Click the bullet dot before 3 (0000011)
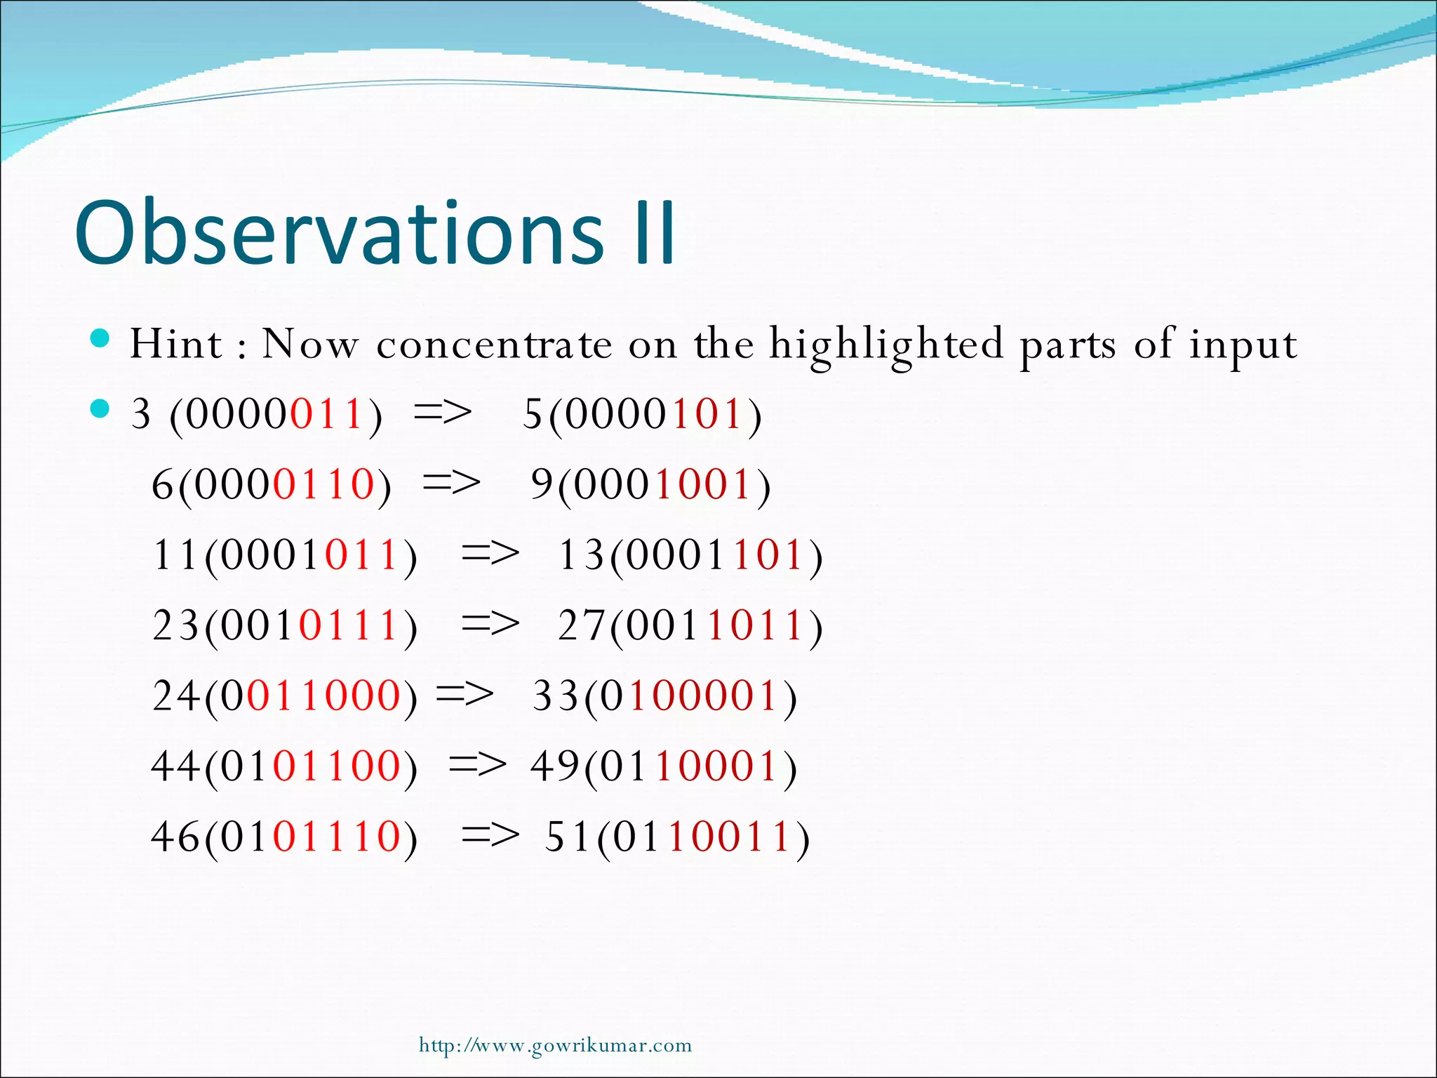(101, 408)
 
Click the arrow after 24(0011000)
(464, 695)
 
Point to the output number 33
(556, 696)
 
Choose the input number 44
(175, 766)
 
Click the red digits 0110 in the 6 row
(324, 484)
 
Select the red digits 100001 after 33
(704, 696)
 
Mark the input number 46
(175, 837)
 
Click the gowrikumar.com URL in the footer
(555, 1046)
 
